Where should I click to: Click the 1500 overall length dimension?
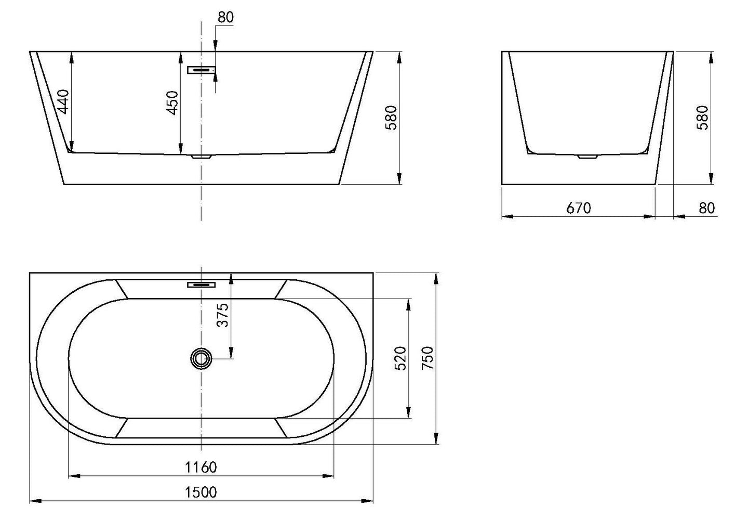point(201,491)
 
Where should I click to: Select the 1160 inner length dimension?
point(201,467)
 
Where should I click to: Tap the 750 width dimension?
point(428,358)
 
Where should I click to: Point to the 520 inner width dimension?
point(400,358)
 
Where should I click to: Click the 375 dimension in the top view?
point(223,315)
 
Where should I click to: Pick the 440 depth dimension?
point(62,102)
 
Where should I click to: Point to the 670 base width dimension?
point(578,208)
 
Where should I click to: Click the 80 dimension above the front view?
point(225,17)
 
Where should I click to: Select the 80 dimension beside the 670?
point(706,208)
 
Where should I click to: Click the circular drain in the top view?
point(201,358)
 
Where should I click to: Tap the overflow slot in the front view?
point(202,70)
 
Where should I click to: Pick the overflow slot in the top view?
point(202,284)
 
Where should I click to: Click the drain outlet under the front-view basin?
point(201,156)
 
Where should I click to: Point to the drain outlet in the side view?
point(588,156)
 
